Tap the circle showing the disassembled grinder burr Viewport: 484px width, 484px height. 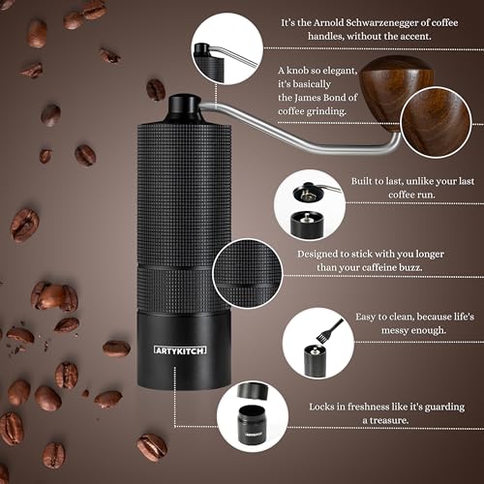(309, 204)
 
